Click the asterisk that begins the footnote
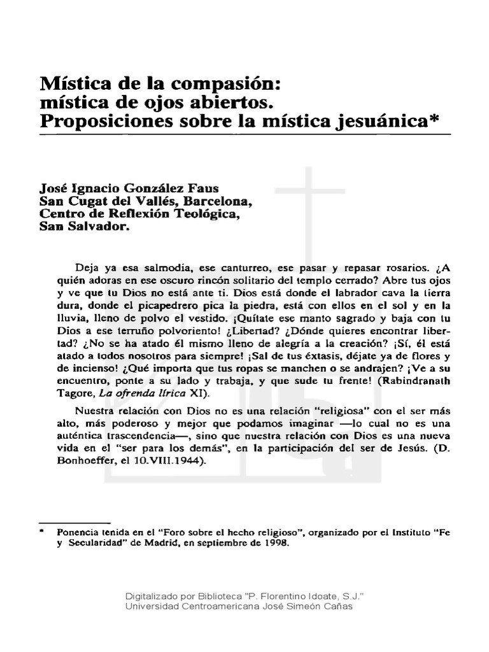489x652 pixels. pyautogui.click(x=42, y=530)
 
